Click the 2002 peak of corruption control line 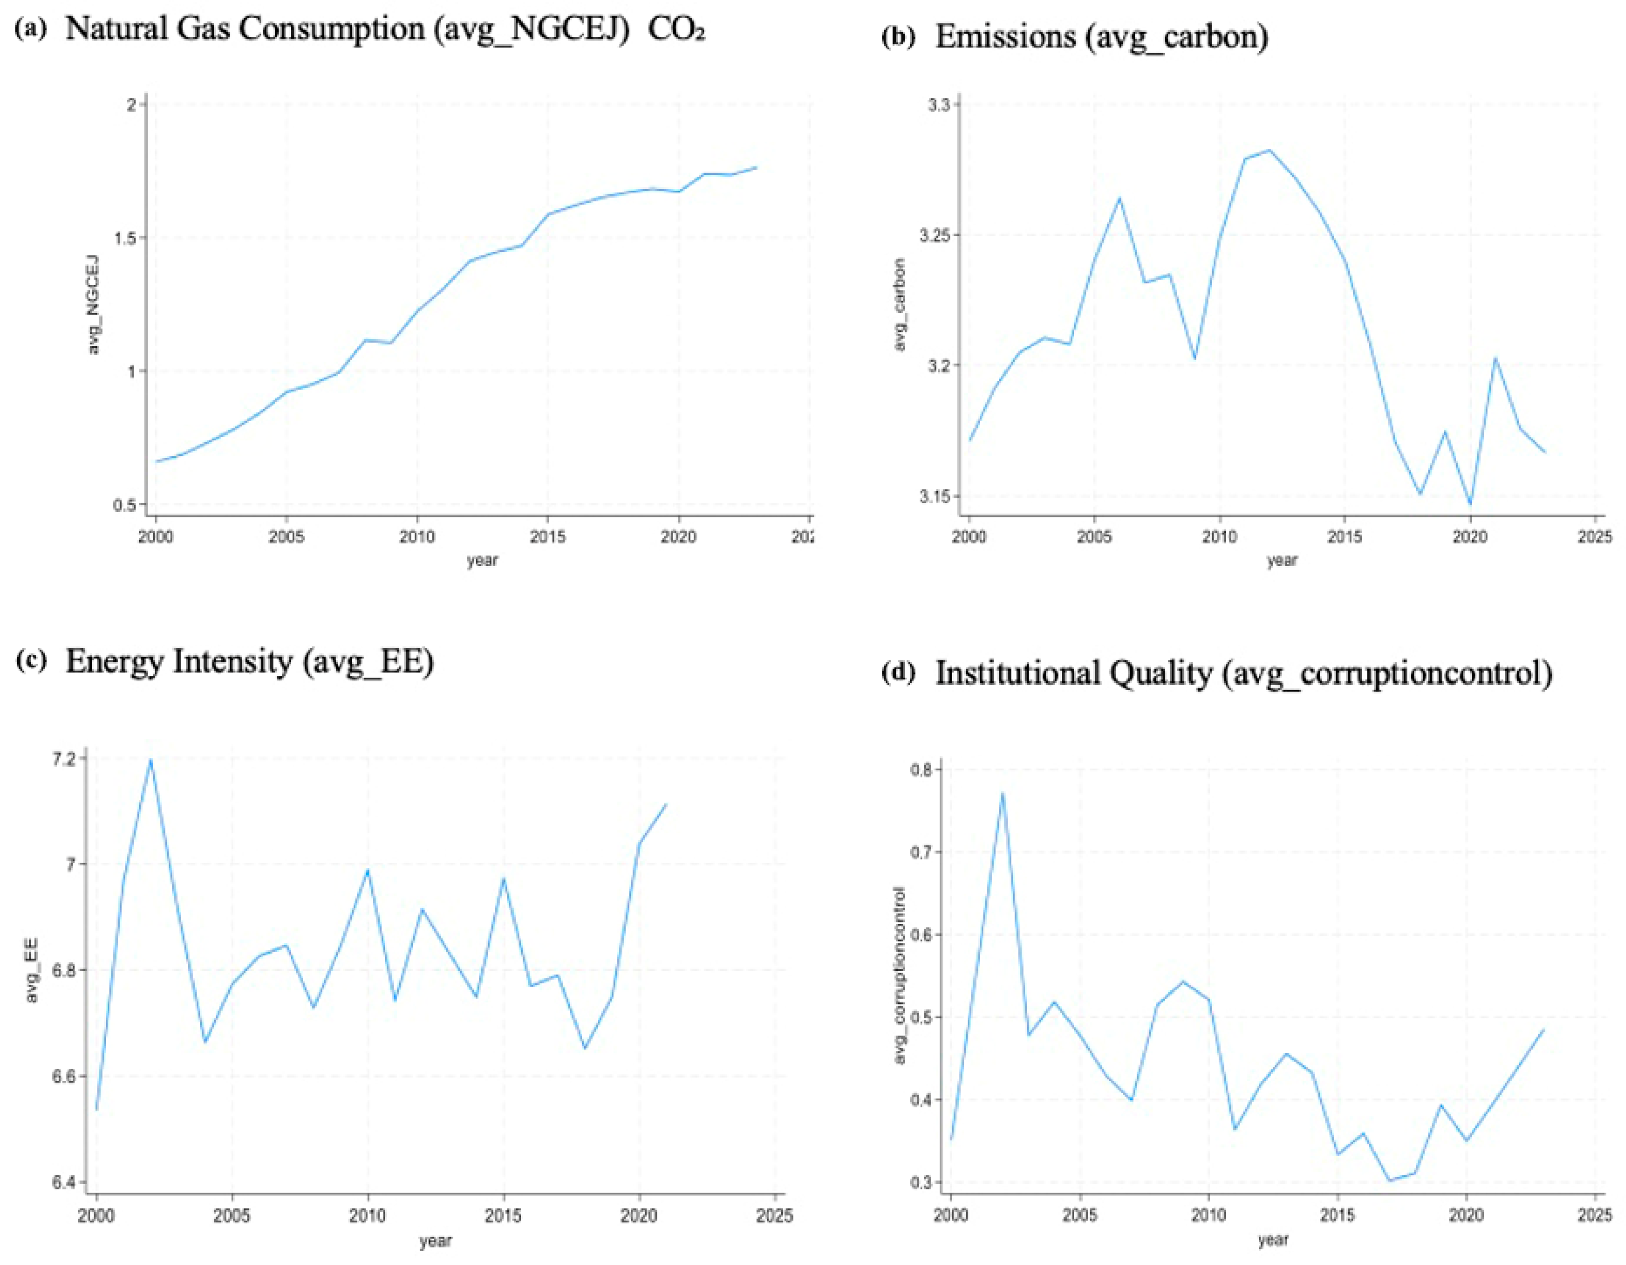click(1003, 794)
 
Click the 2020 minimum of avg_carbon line click(1470, 504)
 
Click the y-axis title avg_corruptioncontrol click(899, 976)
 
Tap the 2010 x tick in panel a click(416, 537)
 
